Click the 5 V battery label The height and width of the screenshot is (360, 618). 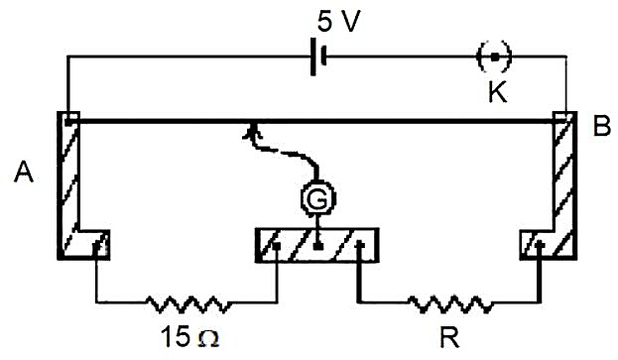click(x=338, y=21)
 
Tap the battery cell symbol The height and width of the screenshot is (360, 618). click(x=318, y=57)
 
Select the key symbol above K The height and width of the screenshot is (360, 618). click(x=494, y=57)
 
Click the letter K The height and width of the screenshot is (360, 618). click(x=497, y=92)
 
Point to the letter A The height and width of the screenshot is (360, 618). click(x=24, y=173)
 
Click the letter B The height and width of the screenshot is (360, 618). click(x=602, y=126)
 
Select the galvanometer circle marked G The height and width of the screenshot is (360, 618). click(x=318, y=198)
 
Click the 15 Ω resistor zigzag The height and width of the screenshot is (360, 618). click(x=187, y=303)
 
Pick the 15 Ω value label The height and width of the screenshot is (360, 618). click(x=190, y=337)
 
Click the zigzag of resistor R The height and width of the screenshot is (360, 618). click(x=449, y=303)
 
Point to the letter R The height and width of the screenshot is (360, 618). click(x=449, y=337)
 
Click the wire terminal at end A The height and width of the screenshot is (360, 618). click(x=68, y=122)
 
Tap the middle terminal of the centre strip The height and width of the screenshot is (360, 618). click(x=318, y=246)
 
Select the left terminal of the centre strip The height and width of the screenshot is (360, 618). click(x=277, y=246)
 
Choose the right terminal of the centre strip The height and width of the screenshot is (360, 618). click(x=360, y=245)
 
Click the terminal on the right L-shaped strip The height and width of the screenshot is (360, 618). click(x=541, y=245)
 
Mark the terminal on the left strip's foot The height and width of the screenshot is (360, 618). click(x=96, y=247)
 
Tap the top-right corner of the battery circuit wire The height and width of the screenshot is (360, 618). click(x=566, y=57)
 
